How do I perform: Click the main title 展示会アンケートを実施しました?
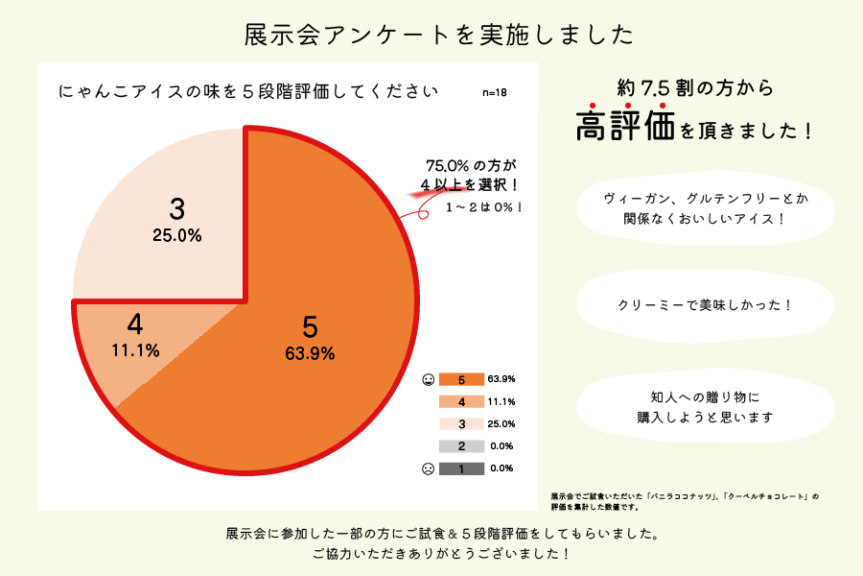(x=439, y=35)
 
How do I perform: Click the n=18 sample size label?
(x=495, y=93)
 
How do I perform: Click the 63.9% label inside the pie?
(x=310, y=353)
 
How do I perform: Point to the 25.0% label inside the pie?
(x=176, y=235)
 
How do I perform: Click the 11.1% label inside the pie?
(x=135, y=350)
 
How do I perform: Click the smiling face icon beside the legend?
(x=428, y=380)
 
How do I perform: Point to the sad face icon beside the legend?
(x=428, y=468)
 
